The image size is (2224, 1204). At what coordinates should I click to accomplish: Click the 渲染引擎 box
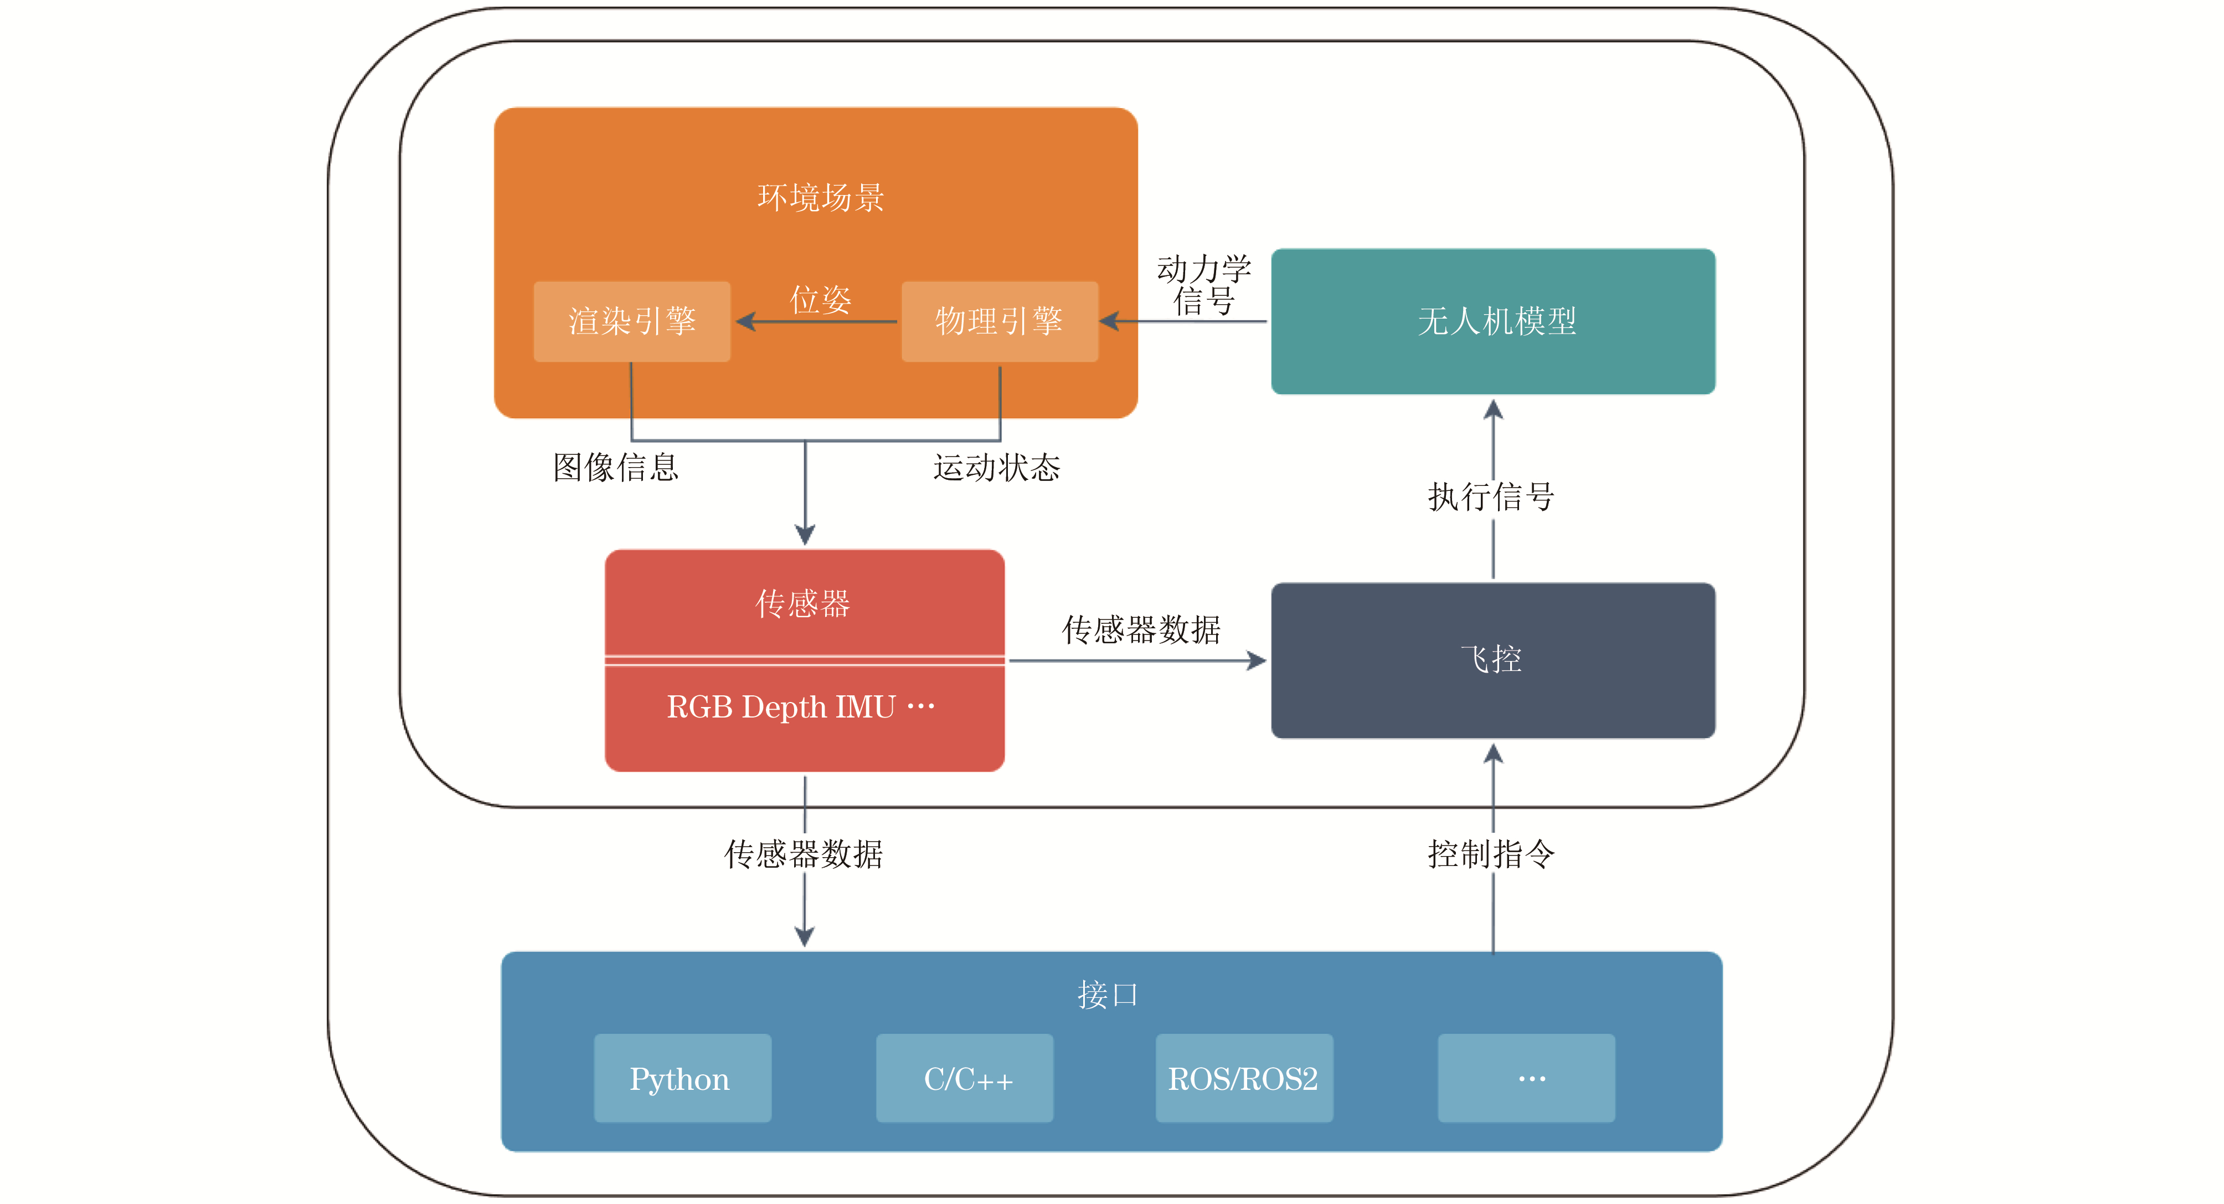tap(632, 321)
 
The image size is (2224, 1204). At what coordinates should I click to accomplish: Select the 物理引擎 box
tap(999, 321)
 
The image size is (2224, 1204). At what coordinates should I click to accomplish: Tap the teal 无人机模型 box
tap(1493, 321)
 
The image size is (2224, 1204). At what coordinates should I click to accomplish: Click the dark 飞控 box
tap(1493, 660)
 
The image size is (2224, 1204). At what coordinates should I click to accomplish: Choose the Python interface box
tap(682, 1078)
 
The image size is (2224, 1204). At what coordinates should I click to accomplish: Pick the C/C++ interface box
tap(964, 1078)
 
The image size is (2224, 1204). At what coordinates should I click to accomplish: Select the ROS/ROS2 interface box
tap(1244, 1078)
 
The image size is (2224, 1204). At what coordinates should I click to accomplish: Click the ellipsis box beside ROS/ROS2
tap(1526, 1078)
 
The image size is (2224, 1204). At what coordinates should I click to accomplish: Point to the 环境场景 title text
tap(820, 198)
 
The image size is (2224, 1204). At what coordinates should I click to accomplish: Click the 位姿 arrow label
tap(820, 299)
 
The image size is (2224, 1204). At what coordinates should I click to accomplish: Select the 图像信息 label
tap(616, 467)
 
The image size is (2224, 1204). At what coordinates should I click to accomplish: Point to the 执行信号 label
tap(1491, 496)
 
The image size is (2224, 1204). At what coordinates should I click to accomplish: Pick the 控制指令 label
tap(1491, 853)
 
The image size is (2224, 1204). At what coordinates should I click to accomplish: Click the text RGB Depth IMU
tap(781, 706)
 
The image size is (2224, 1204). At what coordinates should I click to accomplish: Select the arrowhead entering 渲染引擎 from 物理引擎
tap(745, 321)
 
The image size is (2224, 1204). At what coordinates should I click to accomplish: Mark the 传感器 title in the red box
tap(803, 603)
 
